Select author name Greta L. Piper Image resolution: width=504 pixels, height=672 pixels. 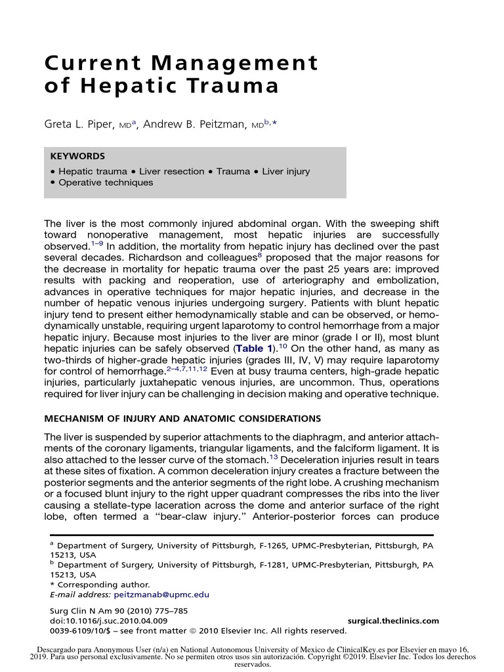point(81,122)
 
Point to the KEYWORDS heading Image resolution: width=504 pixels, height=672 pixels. point(77,157)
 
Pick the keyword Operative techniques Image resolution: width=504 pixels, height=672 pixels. point(106,182)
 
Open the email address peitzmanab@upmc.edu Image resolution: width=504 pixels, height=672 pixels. point(161,595)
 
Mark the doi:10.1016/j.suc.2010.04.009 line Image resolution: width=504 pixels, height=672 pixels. point(108,621)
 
